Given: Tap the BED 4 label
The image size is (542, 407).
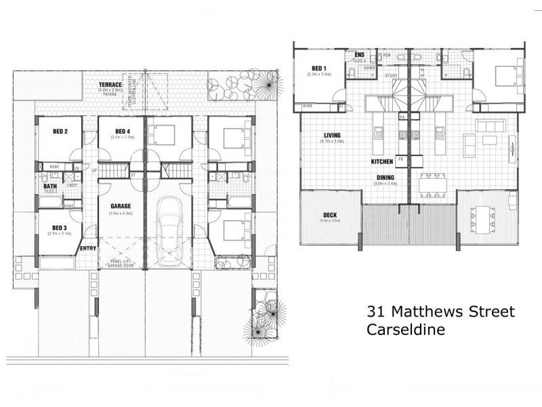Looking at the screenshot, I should click(x=122, y=131).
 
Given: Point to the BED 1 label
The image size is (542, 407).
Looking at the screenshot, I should click(x=318, y=68).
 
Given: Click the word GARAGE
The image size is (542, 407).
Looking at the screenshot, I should click(x=119, y=206).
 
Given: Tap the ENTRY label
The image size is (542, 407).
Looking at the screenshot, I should click(x=88, y=248).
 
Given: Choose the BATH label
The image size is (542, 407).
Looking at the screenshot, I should click(x=49, y=186).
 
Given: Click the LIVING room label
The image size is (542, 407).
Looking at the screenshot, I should click(x=332, y=135).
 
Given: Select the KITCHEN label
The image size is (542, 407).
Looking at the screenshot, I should click(x=382, y=162).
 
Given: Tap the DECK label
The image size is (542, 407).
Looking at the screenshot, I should click(x=330, y=215).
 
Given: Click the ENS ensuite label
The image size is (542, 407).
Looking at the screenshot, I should click(x=358, y=54).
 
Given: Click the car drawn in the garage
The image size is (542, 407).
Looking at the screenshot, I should click(x=167, y=231).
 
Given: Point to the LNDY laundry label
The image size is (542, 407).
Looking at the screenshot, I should click(x=71, y=185).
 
